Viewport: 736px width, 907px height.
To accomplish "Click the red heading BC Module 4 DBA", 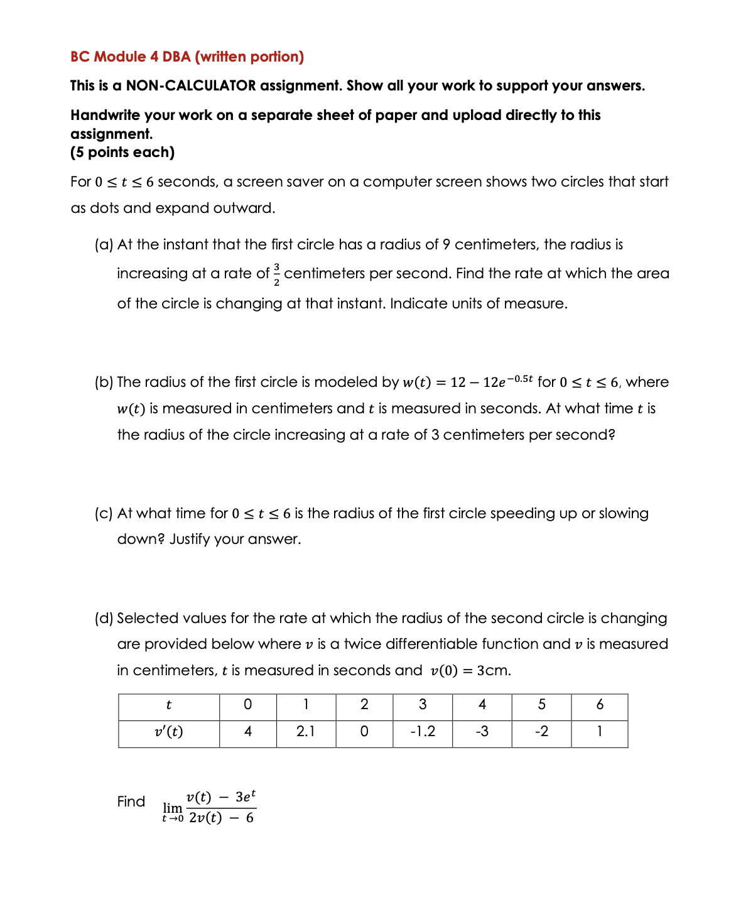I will [x=187, y=57].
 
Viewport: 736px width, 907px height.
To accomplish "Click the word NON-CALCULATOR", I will [x=191, y=85].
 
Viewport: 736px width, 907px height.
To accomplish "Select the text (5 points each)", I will [x=122, y=152].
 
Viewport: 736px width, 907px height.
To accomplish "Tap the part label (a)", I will [x=104, y=244].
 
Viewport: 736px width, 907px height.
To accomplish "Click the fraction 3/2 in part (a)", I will [x=276, y=274].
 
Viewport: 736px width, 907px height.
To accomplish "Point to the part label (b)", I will [x=104, y=382].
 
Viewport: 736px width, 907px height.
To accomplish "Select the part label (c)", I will [x=104, y=513].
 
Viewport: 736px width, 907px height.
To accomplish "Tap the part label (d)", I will [x=104, y=618].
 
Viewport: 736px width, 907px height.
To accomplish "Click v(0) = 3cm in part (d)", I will [x=470, y=670].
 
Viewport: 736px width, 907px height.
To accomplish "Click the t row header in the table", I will [x=168, y=705].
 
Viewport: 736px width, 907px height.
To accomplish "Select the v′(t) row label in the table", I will [x=168, y=732].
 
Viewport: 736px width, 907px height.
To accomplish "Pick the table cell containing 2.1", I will [x=306, y=732].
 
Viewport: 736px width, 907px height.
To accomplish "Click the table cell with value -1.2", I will [x=422, y=732].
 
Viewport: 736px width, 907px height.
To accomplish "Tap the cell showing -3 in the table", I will [x=482, y=732].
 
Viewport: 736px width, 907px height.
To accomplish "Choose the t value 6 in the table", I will [x=600, y=705].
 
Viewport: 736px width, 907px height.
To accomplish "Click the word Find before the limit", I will [x=131, y=801].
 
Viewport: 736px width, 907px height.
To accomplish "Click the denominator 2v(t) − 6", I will [x=221, y=818].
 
